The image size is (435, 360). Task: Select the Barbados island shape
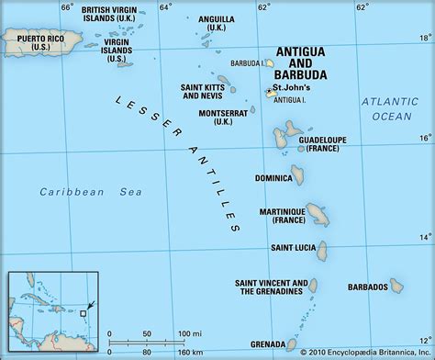(396, 284)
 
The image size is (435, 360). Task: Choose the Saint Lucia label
(295, 247)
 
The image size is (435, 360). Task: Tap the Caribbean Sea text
(73, 191)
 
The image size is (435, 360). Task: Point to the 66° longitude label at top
(66, 8)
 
